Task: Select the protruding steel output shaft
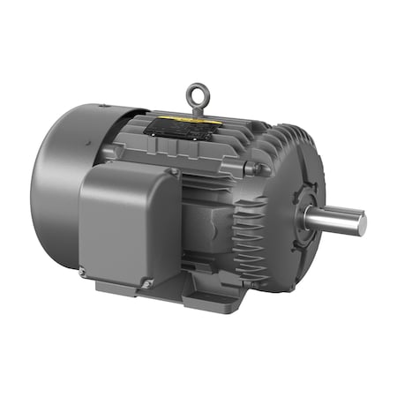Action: (x=339, y=219)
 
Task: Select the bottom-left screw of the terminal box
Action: (x=83, y=272)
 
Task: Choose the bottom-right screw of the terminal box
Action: (x=148, y=283)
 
